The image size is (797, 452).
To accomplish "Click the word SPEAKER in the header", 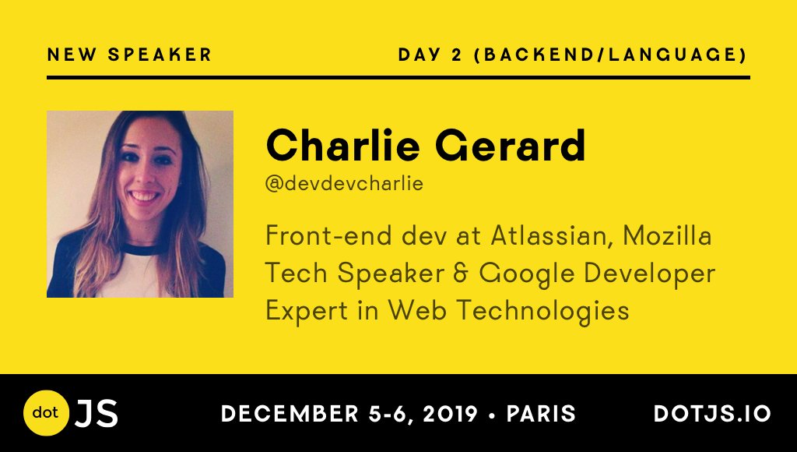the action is coord(160,55).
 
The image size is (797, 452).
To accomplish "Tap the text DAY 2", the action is coord(430,55).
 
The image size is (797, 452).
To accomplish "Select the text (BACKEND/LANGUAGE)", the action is coord(610,55).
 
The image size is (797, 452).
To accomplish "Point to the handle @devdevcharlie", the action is coord(344,183).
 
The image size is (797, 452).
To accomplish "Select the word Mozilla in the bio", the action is coord(667,235).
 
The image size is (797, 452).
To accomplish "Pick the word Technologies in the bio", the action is coord(543,311).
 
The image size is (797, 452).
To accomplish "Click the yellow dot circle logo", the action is coord(46,413).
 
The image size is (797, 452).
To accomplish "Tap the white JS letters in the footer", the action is coord(97,413).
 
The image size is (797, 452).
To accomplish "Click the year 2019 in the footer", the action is coord(451,413).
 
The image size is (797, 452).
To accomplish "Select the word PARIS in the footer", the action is coord(542,413).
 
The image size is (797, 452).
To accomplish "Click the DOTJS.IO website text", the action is coord(713,413).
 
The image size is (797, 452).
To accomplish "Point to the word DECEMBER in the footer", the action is coord(290,413).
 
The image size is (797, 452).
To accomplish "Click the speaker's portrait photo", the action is coord(140,204).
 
